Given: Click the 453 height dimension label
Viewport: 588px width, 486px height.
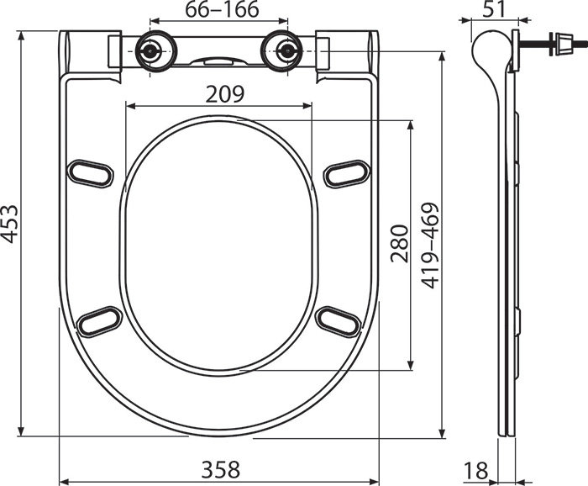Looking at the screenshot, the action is [10, 224].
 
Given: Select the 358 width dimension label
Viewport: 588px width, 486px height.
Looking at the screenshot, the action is [220, 469].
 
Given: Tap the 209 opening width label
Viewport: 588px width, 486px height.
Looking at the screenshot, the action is [225, 94].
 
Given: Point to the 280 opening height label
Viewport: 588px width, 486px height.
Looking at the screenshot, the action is [399, 243].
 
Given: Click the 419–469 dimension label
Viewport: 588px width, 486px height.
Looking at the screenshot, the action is [429, 246].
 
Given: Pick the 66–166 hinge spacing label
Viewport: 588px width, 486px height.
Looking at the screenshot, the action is [222, 9].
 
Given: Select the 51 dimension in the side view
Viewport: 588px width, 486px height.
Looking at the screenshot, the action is [494, 9].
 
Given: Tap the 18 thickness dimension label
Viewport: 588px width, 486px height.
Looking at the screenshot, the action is [476, 470].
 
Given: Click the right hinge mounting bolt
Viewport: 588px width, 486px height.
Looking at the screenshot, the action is [287, 50].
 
